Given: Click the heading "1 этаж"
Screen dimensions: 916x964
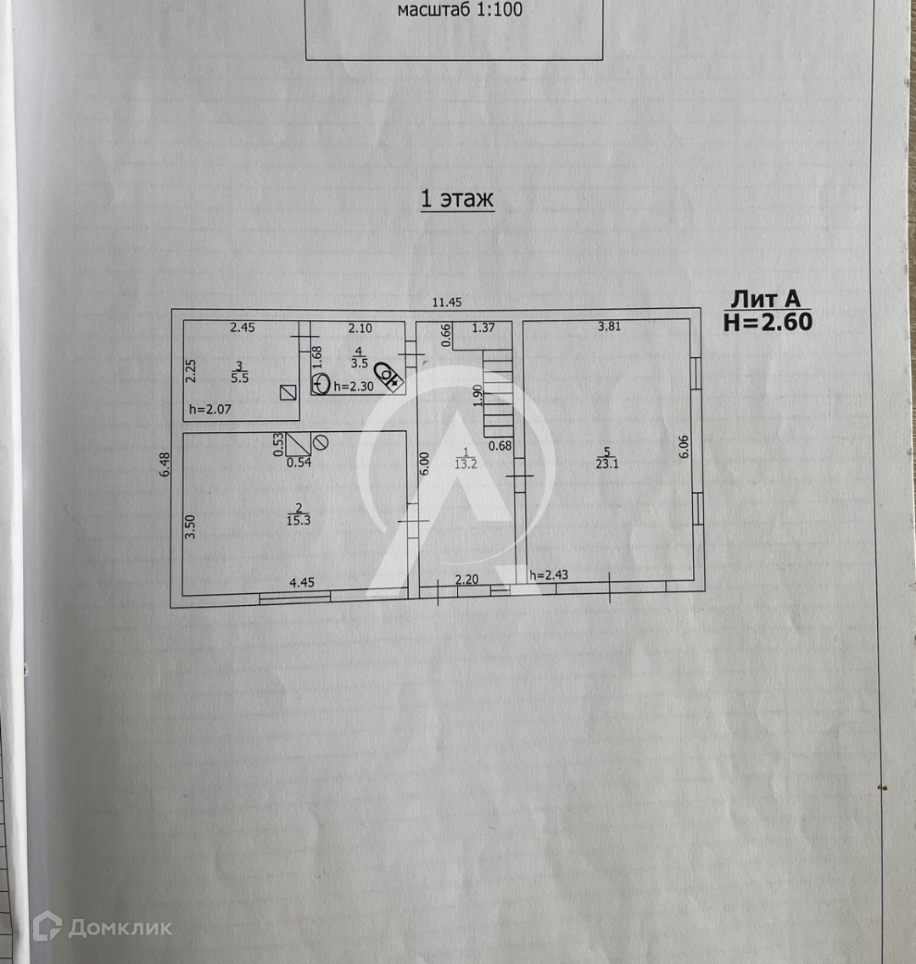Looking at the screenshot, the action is coord(457,199).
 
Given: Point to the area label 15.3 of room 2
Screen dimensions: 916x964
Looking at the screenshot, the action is coord(299,520).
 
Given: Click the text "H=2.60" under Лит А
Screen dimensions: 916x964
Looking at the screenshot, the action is coord(768,322).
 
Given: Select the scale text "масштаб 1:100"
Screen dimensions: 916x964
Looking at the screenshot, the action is coord(460,11).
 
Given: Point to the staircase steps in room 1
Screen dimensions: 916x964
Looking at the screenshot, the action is coord(498,394).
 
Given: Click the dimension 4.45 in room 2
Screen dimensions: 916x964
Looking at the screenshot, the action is coord(302,582).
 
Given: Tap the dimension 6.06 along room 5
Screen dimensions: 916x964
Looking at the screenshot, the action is coord(684,447).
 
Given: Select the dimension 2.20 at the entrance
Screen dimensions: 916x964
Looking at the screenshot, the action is coord(467,580).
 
